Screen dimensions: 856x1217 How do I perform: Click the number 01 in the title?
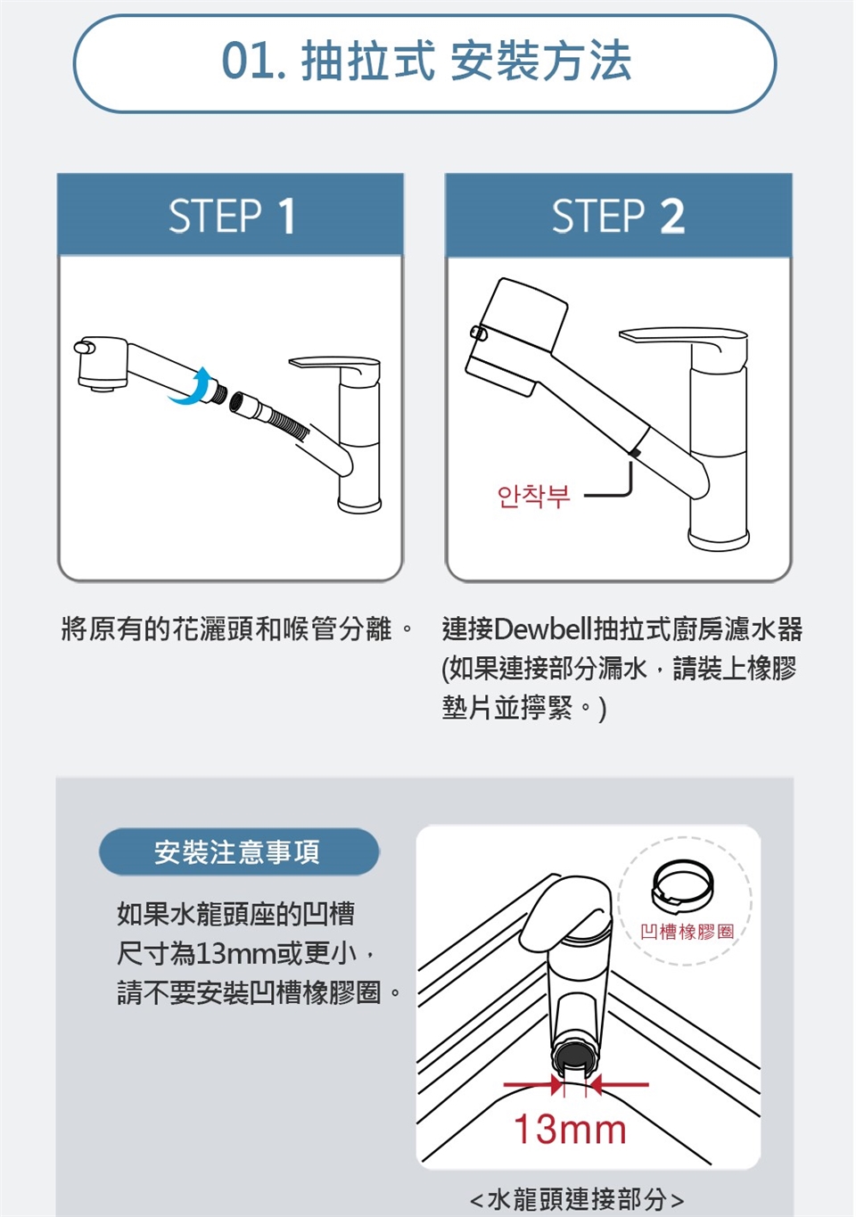250,61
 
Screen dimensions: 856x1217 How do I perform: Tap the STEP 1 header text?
232,217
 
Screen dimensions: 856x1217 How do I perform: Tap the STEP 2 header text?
618,217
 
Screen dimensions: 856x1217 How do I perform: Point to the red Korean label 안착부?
533,496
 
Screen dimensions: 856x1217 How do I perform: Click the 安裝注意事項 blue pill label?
239,851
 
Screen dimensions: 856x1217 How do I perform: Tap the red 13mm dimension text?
570,1130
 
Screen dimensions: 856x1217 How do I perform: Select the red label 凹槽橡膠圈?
687,933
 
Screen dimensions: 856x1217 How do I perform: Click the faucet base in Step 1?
359,505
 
